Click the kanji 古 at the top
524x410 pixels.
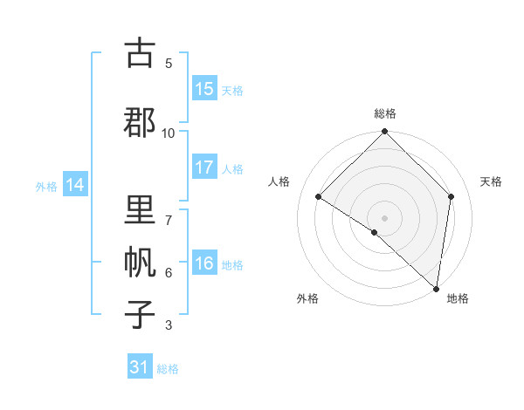(140, 53)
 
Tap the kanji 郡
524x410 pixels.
(140, 122)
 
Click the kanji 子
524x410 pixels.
(140, 313)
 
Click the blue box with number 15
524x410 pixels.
(204, 89)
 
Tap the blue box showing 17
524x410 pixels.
(204, 167)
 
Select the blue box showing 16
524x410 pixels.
(204, 263)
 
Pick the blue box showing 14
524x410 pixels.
(74, 185)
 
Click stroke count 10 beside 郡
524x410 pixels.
(169, 133)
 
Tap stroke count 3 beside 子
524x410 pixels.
(169, 325)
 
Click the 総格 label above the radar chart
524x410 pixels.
(384, 113)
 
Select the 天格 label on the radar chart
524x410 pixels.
(491, 181)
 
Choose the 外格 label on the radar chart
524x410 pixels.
(307, 299)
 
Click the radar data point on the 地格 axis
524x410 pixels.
(436, 288)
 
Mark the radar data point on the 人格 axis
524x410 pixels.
(319, 197)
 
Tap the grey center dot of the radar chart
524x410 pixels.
(384, 218)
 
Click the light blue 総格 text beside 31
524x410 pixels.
(168, 369)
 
